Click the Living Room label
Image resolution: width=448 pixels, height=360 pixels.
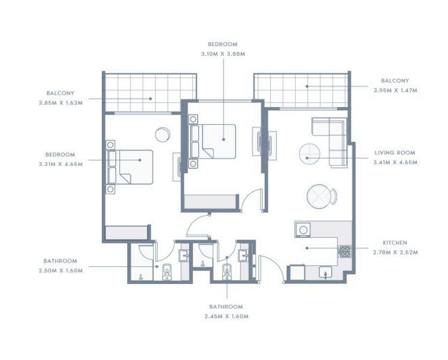[x=395, y=153]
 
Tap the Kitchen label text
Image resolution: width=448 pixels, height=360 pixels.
[x=395, y=243]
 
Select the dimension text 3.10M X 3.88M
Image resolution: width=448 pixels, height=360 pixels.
[x=223, y=54]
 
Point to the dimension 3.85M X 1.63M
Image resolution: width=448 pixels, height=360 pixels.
[x=61, y=103]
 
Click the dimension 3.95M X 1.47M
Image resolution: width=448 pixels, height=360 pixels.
[x=395, y=91]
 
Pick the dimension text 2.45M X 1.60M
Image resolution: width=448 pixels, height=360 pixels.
[x=226, y=317]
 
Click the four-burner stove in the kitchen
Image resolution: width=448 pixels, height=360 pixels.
[x=345, y=251]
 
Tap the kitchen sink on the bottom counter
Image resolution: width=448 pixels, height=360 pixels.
[x=325, y=272]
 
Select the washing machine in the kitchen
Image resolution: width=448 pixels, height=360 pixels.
[x=303, y=230]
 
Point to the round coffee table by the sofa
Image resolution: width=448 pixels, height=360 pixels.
[x=309, y=154]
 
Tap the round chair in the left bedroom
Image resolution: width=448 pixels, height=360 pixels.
[x=162, y=134]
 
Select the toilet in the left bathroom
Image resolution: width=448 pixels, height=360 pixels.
[x=167, y=272]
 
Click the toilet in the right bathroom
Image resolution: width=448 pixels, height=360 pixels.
[x=227, y=272]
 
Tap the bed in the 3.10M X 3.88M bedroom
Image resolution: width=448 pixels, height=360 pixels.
[x=212, y=141]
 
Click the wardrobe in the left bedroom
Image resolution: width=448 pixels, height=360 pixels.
[x=127, y=233]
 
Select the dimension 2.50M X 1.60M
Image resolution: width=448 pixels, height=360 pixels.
[x=61, y=271]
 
